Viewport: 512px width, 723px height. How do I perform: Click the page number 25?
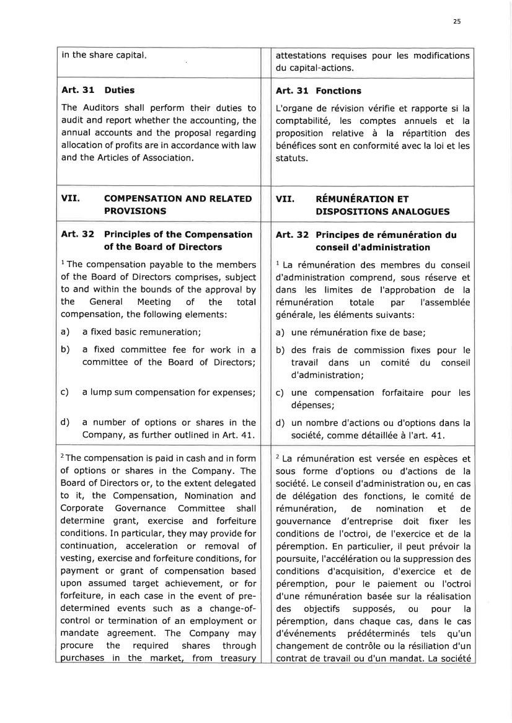pyautogui.click(x=457, y=21)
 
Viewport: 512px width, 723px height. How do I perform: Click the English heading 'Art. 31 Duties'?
pyautogui.click(x=98, y=90)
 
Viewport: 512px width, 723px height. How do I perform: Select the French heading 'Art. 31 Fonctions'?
pyautogui.click(x=318, y=90)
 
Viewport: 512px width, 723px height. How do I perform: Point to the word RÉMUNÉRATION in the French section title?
pyautogui.click(x=354, y=199)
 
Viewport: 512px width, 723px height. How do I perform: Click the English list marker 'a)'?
pyautogui.click(x=64, y=332)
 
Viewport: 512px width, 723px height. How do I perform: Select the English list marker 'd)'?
pyautogui.click(x=64, y=423)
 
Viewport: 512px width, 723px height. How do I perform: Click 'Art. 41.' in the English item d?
pyautogui.click(x=240, y=435)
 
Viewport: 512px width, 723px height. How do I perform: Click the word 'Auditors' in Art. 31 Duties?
pyautogui.click(x=99, y=108)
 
